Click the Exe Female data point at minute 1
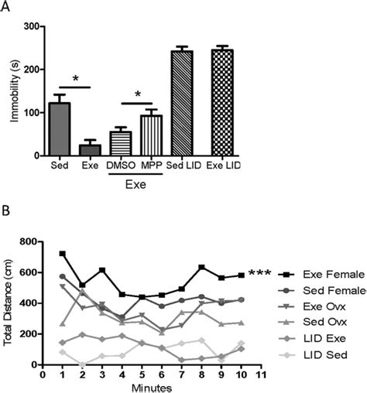click(62, 253)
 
